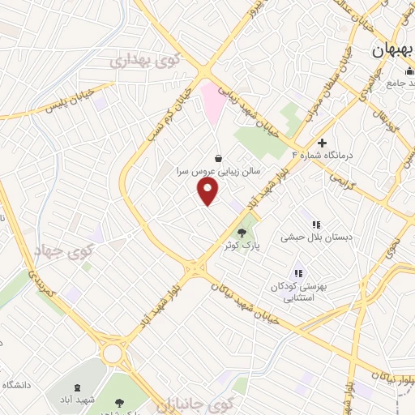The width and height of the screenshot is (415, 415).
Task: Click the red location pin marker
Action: click(x=209, y=191)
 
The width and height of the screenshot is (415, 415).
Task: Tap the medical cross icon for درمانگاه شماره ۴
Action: click(x=323, y=143)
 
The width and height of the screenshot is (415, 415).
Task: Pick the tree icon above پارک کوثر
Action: click(x=242, y=233)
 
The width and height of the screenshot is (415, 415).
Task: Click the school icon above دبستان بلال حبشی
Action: click(x=315, y=225)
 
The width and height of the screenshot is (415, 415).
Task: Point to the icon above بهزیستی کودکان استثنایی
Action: click(x=298, y=275)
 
